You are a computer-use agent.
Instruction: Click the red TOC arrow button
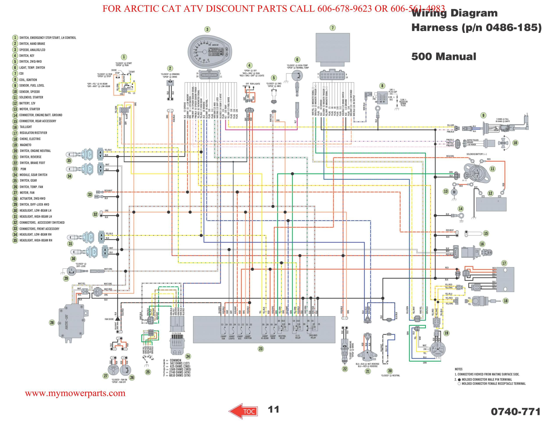[x=243, y=411]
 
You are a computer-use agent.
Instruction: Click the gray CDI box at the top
[x=333, y=47]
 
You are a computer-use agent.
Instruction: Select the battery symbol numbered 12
[x=491, y=204]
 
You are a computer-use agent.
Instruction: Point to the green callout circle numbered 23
[x=261, y=349]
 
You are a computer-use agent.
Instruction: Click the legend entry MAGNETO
[x=25, y=145]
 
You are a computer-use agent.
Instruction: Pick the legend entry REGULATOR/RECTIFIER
[x=33, y=133]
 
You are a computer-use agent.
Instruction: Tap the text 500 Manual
[x=443, y=57]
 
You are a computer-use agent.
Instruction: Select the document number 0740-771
[x=515, y=411]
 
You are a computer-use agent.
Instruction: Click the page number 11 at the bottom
[x=273, y=409]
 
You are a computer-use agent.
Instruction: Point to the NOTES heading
[x=458, y=369]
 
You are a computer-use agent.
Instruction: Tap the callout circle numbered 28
[x=52, y=323]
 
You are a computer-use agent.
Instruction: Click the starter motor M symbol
[x=454, y=192]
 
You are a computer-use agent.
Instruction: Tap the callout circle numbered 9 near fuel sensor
[x=483, y=116]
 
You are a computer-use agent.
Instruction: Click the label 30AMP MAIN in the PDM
[x=273, y=337]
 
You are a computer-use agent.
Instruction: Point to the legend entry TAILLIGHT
[x=26, y=127]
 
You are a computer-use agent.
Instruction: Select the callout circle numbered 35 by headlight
[x=69, y=161]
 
